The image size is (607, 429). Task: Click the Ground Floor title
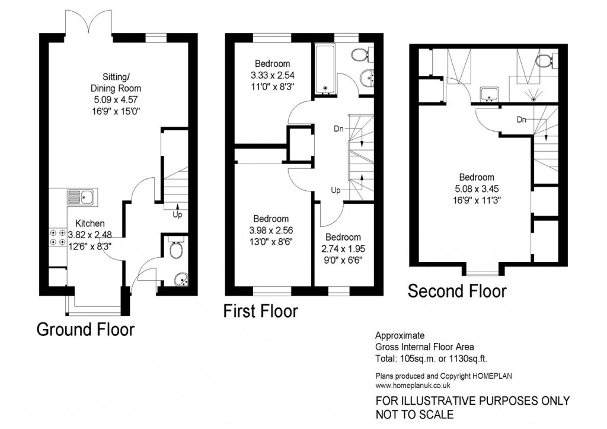coord(85,329)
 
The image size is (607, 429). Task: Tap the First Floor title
coord(261,311)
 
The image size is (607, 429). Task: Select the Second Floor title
coord(457,291)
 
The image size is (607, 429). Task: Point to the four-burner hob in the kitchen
coord(57,238)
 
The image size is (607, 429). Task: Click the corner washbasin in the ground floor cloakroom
coord(181,280)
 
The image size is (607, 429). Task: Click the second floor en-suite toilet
coord(547,60)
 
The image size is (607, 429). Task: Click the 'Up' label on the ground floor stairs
coord(177,214)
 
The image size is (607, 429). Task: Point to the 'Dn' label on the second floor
coord(522,120)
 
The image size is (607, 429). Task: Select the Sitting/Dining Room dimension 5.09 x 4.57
coord(116,100)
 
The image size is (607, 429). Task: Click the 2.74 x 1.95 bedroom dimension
coord(343,249)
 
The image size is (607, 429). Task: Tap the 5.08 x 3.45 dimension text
coord(477,189)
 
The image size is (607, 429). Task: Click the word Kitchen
coord(90,223)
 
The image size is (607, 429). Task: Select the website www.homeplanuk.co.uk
coord(413,385)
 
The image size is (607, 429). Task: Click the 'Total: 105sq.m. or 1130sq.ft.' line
coord(432,358)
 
